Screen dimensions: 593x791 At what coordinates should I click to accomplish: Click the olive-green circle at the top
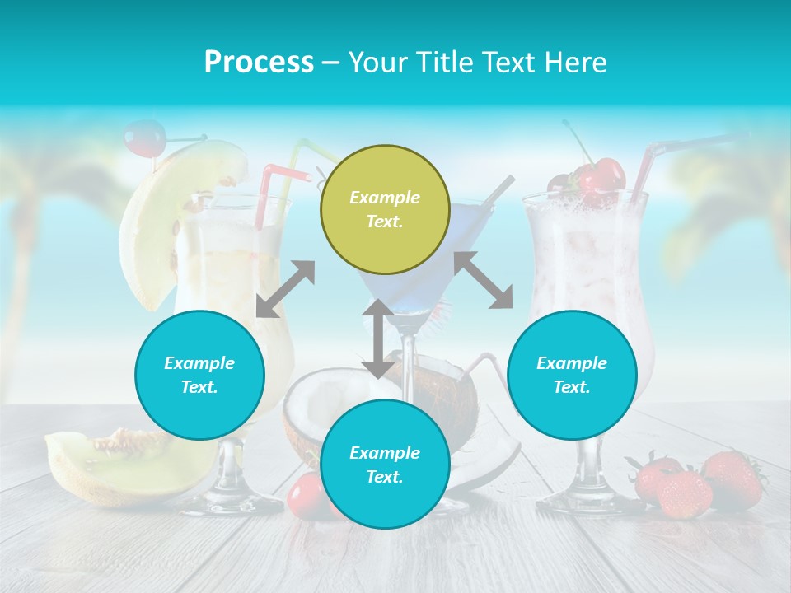pyautogui.click(x=385, y=209)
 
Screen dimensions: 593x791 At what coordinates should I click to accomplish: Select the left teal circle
pyautogui.click(x=199, y=375)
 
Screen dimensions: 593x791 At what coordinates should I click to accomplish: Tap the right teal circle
pyautogui.click(x=572, y=375)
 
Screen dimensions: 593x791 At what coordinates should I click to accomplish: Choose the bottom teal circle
pyautogui.click(x=385, y=465)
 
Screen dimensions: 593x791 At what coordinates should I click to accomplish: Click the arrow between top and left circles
pyautogui.click(x=285, y=289)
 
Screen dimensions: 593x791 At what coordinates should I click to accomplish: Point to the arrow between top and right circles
pyautogui.click(x=483, y=280)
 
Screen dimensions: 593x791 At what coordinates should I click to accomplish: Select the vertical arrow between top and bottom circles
pyautogui.click(x=377, y=339)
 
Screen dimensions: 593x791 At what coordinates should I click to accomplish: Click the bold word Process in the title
pyautogui.click(x=259, y=63)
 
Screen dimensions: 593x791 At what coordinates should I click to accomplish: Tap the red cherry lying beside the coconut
pyautogui.click(x=305, y=494)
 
